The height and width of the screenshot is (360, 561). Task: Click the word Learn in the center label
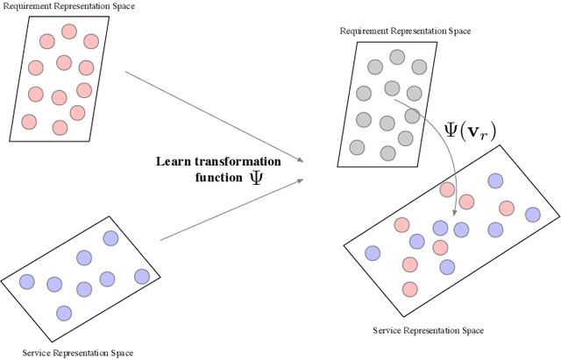click(174, 161)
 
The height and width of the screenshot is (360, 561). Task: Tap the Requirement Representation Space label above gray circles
click(405, 32)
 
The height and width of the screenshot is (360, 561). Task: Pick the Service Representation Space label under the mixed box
click(428, 330)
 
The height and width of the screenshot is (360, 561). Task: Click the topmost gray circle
click(397, 57)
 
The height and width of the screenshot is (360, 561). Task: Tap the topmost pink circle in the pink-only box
click(69, 32)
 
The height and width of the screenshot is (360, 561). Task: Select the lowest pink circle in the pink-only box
click(60, 127)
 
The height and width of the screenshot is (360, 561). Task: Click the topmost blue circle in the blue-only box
click(110, 237)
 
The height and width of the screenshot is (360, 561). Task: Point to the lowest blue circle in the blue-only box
click(63, 313)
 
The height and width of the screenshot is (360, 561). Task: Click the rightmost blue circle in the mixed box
click(532, 215)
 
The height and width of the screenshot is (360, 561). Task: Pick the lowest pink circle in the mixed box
click(409, 289)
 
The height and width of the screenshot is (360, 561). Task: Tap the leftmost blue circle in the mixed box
click(373, 253)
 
